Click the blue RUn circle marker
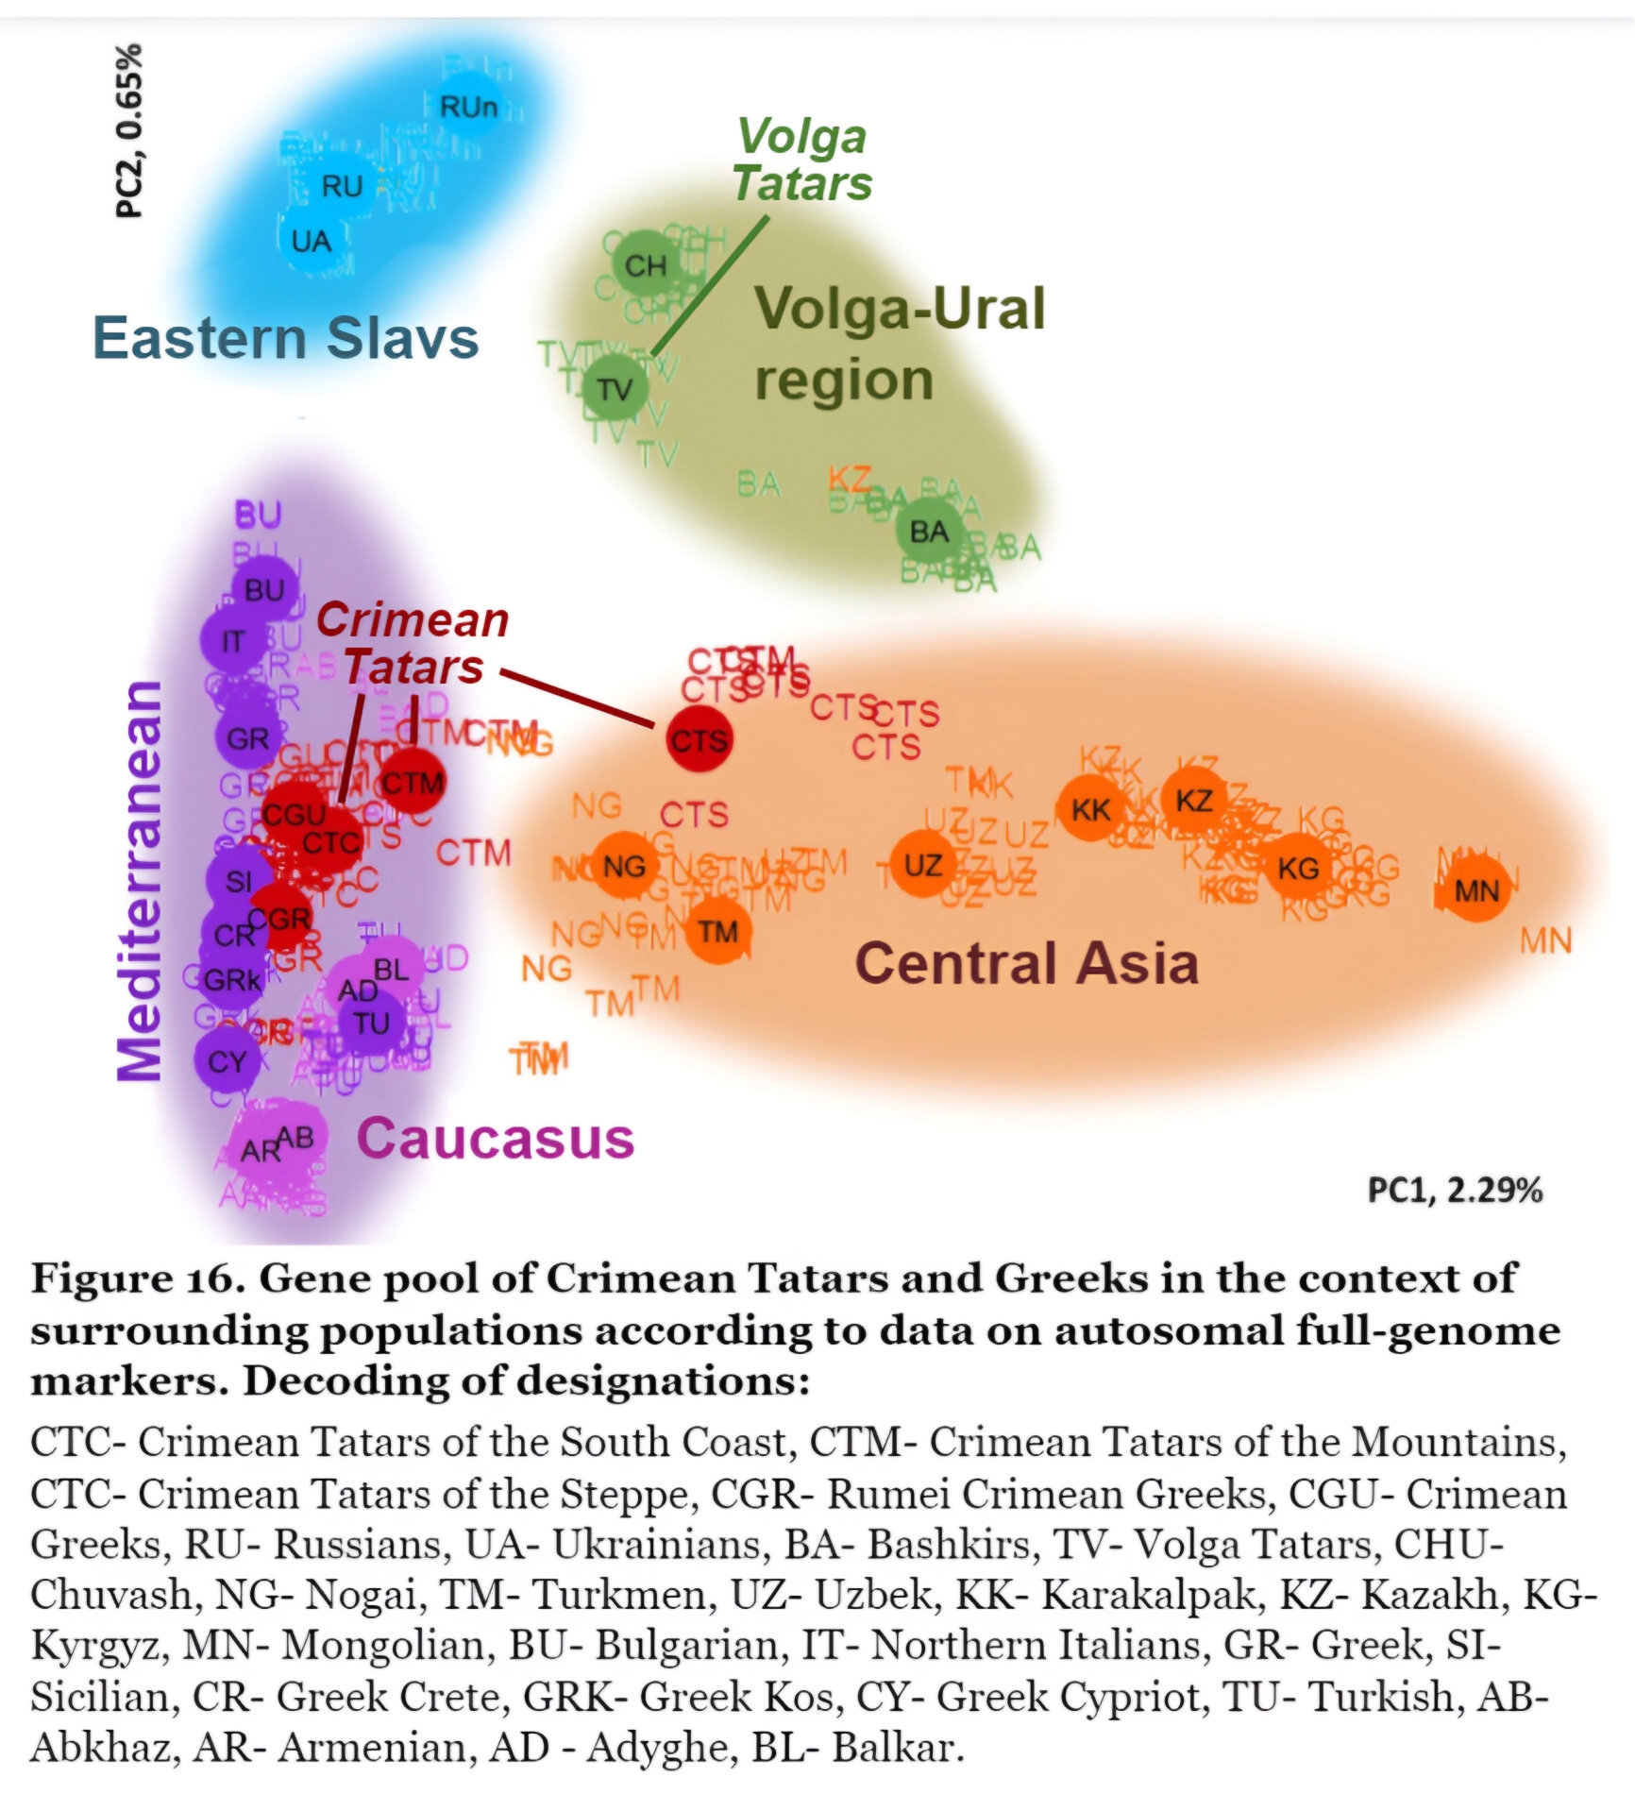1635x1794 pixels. coord(468,107)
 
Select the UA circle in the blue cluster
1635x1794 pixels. coord(311,242)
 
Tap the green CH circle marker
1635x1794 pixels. coord(646,265)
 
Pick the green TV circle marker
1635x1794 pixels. coord(615,388)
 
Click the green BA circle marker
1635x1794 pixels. coord(929,532)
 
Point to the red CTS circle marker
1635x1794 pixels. coord(700,739)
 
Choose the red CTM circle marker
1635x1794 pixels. coord(412,782)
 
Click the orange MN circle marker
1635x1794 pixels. coord(1476,890)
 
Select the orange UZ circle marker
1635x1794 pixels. coord(922,865)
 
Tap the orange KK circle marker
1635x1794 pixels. coord(1090,810)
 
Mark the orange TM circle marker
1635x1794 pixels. coord(717,932)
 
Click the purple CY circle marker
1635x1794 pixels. coord(227,1061)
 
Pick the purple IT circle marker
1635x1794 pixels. coord(232,642)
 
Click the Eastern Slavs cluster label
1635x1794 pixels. coord(285,338)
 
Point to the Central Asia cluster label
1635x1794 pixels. coord(1026,963)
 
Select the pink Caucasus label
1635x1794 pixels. coord(495,1138)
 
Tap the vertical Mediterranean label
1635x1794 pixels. coord(139,880)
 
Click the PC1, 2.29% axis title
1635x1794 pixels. coord(1455,1190)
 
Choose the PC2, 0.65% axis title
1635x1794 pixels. coord(129,130)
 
